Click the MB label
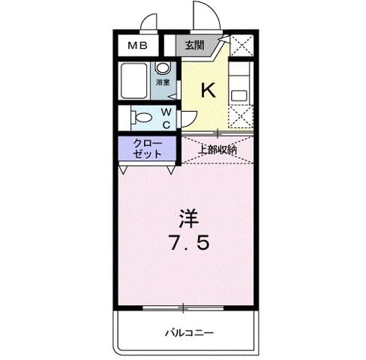click(136, 46)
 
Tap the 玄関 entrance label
click(194, 46)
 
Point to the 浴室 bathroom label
click(162, 82)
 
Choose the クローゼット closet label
click(146, 148)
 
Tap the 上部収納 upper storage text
click(217, 148)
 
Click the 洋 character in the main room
click(187, 218)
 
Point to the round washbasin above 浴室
click(161, 67)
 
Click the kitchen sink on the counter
click(239, 95)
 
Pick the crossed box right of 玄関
click(241, 46)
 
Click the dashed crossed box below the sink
click(241, 117)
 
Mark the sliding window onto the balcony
click(184, 307)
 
